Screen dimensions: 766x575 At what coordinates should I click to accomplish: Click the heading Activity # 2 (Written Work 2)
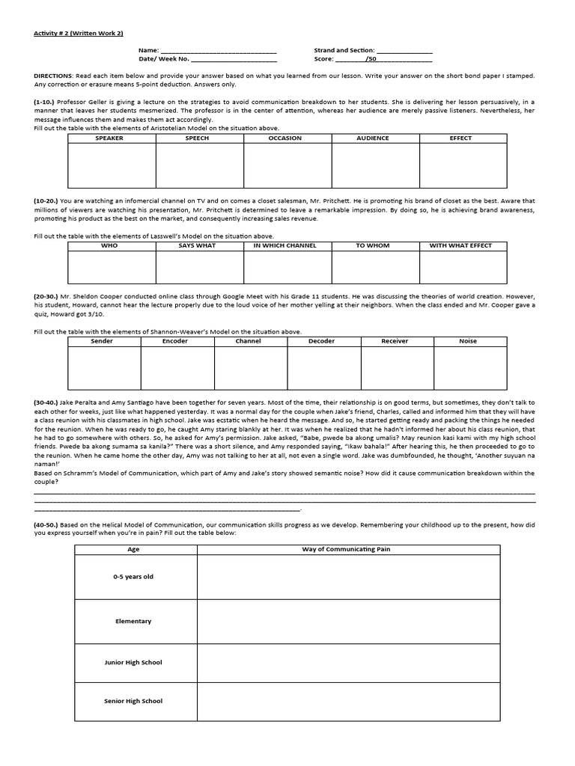point(73,34)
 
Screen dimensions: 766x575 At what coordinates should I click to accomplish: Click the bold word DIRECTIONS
point(53,76)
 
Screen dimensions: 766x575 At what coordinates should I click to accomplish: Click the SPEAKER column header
point(111,138)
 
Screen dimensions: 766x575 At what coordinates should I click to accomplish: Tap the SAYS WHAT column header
point(198,245)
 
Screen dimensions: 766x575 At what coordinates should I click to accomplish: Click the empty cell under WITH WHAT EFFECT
point(462,267)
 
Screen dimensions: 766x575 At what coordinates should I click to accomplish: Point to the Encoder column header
point(175,341)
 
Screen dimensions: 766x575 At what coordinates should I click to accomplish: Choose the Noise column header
point(468,341)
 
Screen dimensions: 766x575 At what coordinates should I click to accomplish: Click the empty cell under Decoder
point(322,368)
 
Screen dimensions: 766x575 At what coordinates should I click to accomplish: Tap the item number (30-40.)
point(47,402)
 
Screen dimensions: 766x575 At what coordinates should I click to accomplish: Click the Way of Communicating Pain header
point(347,549)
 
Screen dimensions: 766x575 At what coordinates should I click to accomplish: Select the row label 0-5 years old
point(134,577)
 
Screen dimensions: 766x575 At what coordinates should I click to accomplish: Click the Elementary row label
point(134,621)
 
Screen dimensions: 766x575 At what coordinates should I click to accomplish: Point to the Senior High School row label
point(134,701)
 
